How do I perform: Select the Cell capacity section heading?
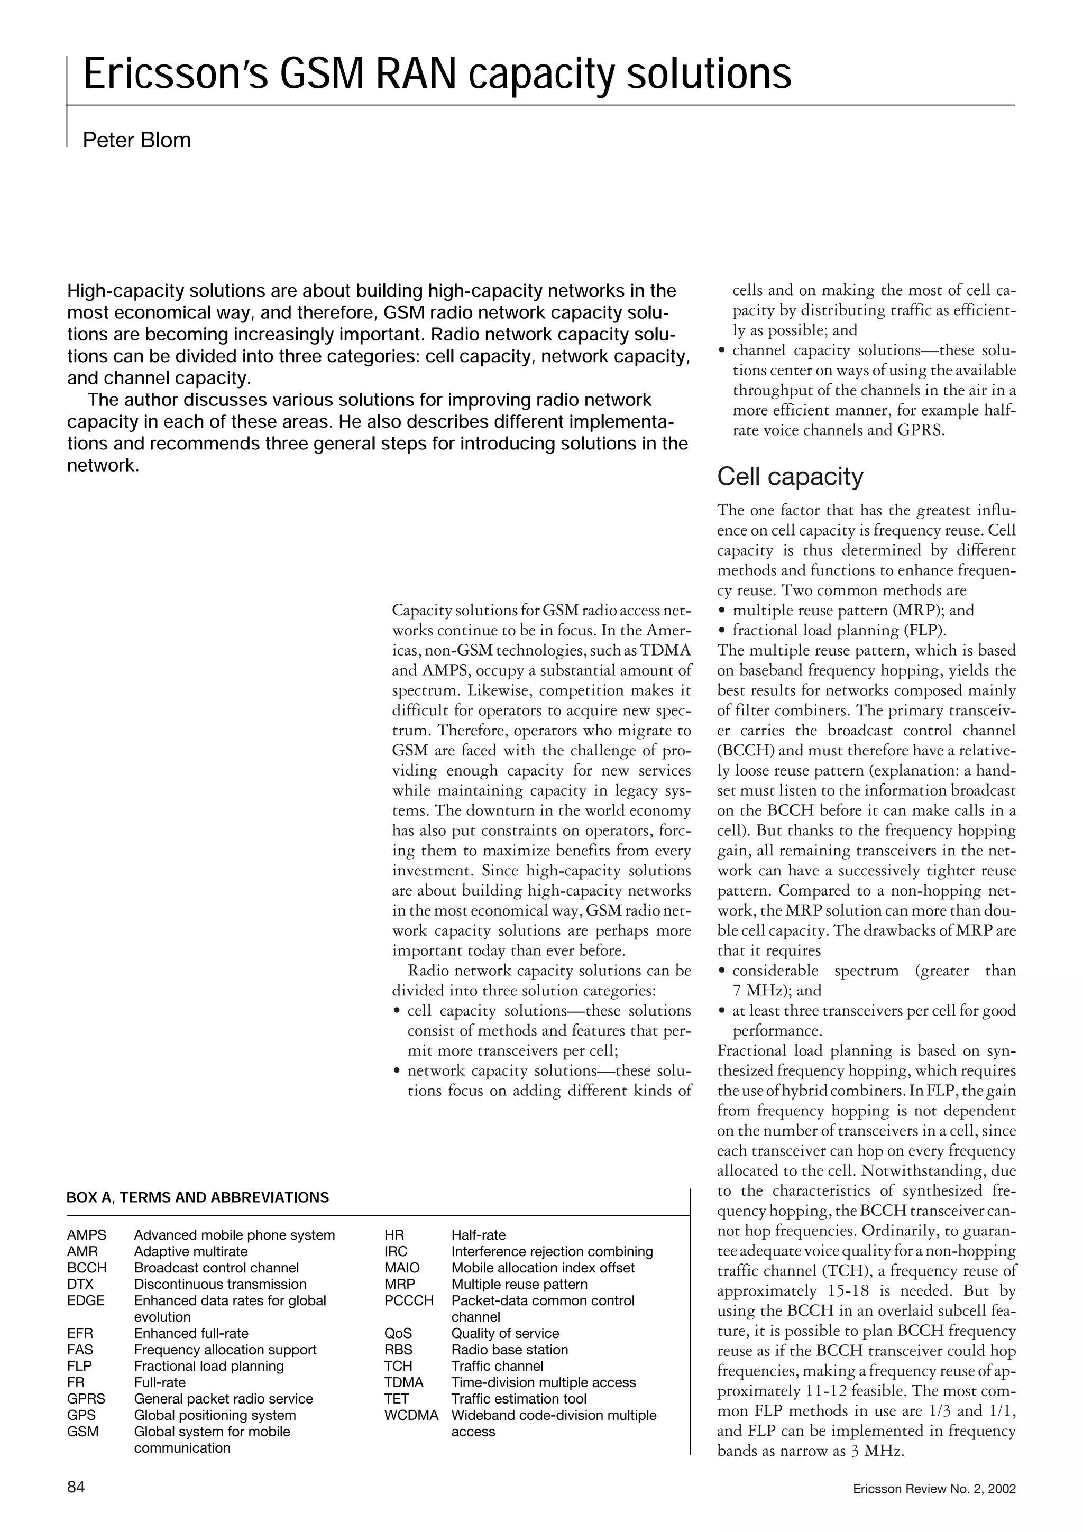790,476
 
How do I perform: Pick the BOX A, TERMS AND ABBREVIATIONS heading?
198,1198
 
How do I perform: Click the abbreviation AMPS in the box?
86,1235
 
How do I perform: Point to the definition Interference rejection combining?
552,1252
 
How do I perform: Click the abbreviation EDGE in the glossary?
86,1300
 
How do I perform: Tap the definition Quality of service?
505,1333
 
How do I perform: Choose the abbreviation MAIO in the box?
402,1268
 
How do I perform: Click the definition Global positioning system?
215,1415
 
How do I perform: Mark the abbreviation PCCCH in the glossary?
408,1300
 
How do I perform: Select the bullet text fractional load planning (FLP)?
839,630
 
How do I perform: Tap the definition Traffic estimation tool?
518,1399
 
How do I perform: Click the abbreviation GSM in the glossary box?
82,1431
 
